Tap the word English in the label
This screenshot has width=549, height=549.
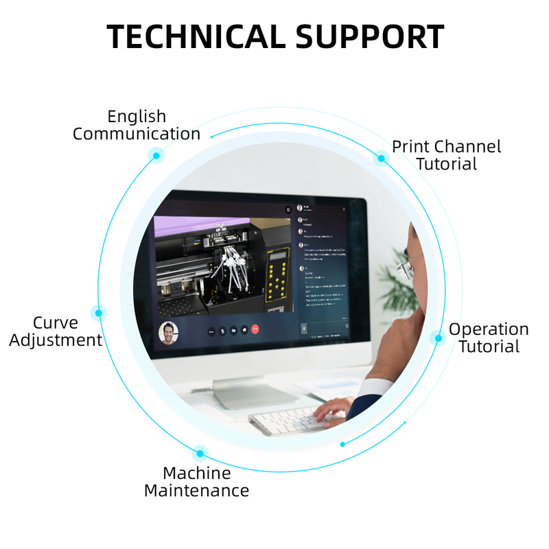tap(137, 116)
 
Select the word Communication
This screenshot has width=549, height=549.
tap(137, 134)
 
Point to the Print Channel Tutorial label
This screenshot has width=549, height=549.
tap(446, 155)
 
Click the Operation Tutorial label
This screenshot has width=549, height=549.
tap(489, 338)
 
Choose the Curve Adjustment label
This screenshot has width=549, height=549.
tap(56, 331)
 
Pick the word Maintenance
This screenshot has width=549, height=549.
tap(196, 491)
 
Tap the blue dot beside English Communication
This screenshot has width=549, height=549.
tap(156, 156)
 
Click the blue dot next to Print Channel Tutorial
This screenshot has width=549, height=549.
tap(381, 159)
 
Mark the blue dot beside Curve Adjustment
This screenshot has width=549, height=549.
tap(99, 313)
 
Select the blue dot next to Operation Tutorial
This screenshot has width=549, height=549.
tap(436, 338)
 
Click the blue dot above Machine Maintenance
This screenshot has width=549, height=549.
tap(200, 453)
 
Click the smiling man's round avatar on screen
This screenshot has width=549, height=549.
tap(167, 332)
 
